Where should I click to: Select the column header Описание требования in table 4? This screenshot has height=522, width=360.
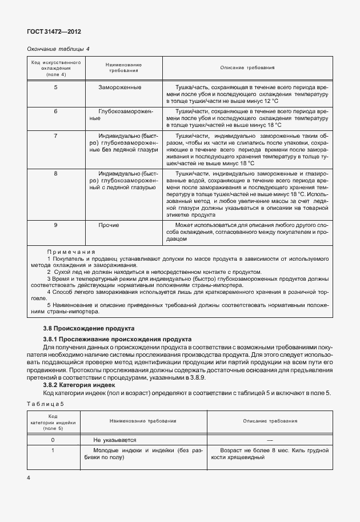[247, 67]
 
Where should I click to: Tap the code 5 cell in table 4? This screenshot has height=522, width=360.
[55, 87]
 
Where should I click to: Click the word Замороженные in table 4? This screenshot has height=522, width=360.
[120, 87]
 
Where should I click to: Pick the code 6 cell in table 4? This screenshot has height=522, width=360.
[55, 111]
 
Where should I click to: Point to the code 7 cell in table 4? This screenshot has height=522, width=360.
[55, 136]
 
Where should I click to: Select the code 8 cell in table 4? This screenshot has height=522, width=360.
[55, 173]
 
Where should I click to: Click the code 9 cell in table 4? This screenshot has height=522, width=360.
[55, 226]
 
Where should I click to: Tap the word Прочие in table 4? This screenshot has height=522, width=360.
[109, 226]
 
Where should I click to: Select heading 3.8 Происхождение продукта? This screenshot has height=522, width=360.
[89, 329]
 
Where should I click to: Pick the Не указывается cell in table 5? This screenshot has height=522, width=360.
[115, 440]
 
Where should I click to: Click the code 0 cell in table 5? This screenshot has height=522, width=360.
[53, 440]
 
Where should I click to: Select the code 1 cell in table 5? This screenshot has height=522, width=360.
[53, 451]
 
